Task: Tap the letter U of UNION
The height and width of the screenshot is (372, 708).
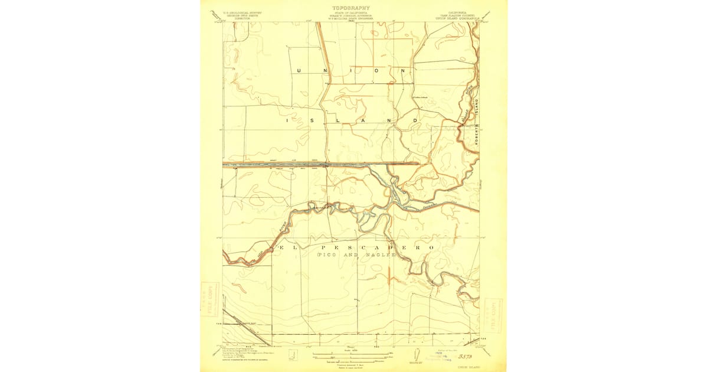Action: click(x=299, y=70)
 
